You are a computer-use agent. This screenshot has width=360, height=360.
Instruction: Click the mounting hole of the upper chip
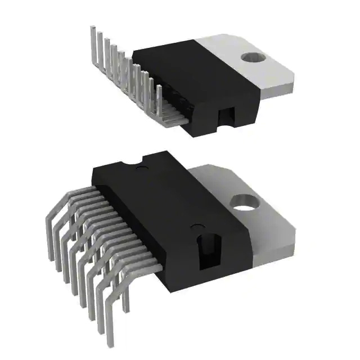tap(252, 57)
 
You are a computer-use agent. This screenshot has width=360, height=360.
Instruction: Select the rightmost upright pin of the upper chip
tap(159, 101)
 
